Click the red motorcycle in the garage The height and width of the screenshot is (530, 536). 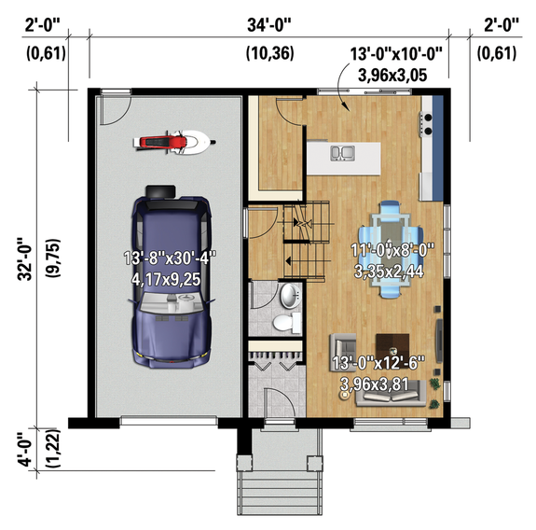(x=173, y=143)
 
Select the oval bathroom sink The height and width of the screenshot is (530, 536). (x=288, y=297)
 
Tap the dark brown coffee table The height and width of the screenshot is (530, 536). (x=391, y=345)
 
